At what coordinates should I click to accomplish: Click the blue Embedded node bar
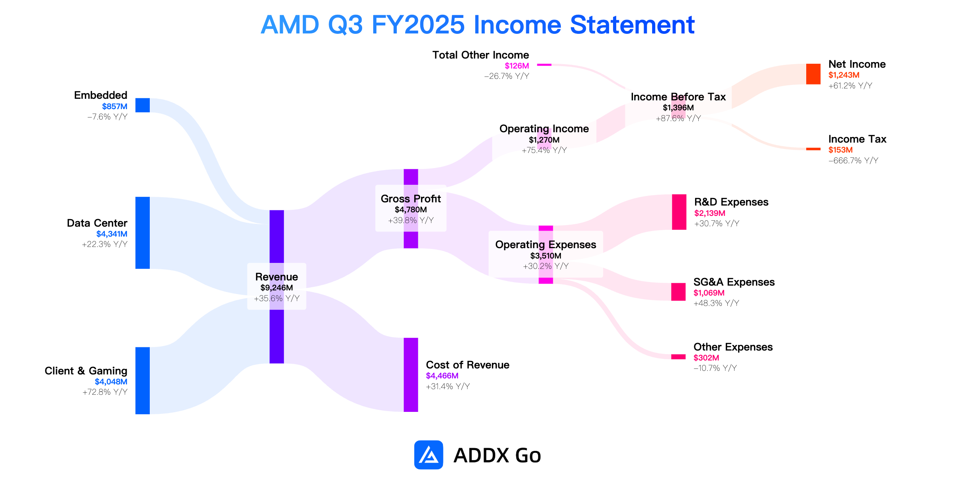point(143,105)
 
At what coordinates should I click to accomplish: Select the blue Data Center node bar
point(143,233)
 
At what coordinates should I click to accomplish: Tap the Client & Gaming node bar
point(143,380)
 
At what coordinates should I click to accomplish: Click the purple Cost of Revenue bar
point(411,374)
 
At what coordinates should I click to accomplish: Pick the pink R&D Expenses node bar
point(679,212)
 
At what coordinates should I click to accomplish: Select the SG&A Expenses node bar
point(678,292)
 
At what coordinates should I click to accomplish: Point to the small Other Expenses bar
point(678,357)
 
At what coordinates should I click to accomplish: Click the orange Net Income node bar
point(813,74)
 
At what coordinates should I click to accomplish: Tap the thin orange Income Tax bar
point(813,149)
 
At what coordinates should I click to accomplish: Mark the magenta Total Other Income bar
point(544,65)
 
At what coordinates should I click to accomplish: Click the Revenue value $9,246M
point(277,288)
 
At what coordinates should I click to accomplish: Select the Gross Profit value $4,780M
point(411,210)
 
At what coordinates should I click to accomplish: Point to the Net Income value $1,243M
point(844,75)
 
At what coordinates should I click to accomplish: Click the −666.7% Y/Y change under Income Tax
point(853,161)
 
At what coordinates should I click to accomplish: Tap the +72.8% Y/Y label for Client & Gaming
point(105,392)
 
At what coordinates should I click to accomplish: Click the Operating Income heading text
point(544,129)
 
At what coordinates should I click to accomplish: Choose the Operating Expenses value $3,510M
point(546,256)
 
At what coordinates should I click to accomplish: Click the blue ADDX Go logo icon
point(429,455)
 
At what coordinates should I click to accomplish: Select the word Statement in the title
point(632,25)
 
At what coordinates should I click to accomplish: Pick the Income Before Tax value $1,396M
point(678,108)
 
